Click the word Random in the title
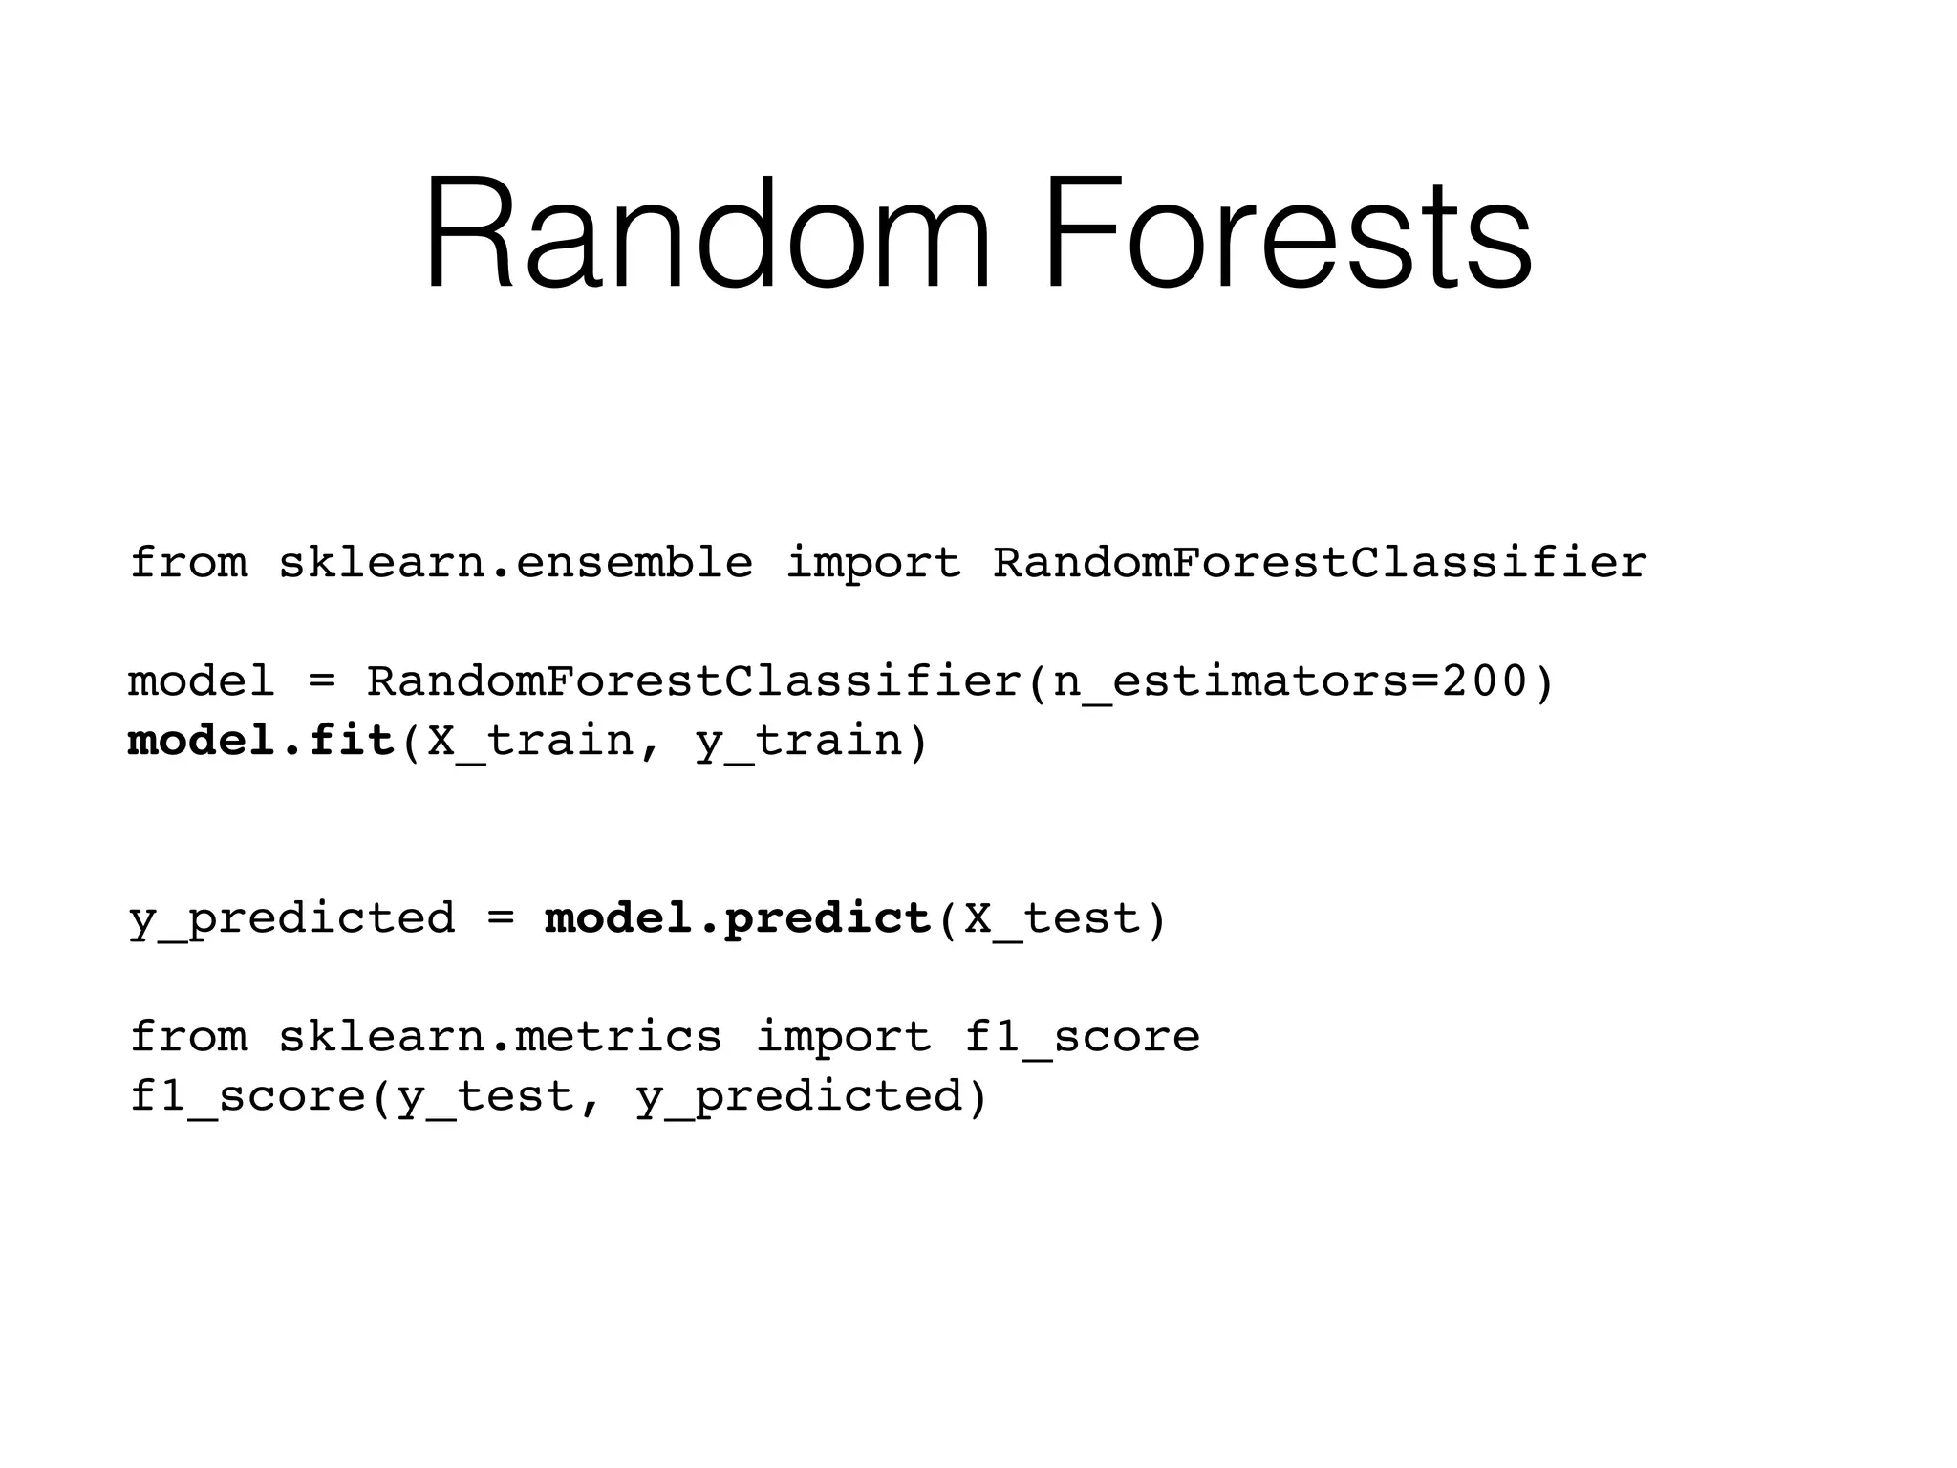point(707,234)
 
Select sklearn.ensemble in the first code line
point(515,563)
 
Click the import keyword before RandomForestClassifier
point(872,563)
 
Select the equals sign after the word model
point(321,682)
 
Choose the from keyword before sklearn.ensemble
point(188,563)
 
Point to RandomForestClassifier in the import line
point(1320,563)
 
